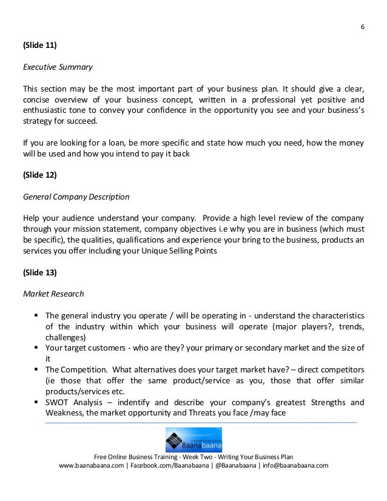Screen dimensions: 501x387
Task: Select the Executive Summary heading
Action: point(58,68)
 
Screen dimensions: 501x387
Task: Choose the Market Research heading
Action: point(53,294)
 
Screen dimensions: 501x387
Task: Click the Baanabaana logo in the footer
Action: point(193,440)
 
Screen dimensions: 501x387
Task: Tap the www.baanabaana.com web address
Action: point(91,466)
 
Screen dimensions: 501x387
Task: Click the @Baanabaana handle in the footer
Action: point(233,466)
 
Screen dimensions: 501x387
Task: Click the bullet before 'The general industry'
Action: point(38,315)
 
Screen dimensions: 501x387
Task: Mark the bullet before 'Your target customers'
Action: point(38,348)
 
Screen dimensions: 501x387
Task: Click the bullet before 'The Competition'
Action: point(38,369)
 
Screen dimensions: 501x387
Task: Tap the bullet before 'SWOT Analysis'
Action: point(38,402)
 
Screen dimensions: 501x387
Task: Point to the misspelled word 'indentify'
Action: point(137,402)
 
